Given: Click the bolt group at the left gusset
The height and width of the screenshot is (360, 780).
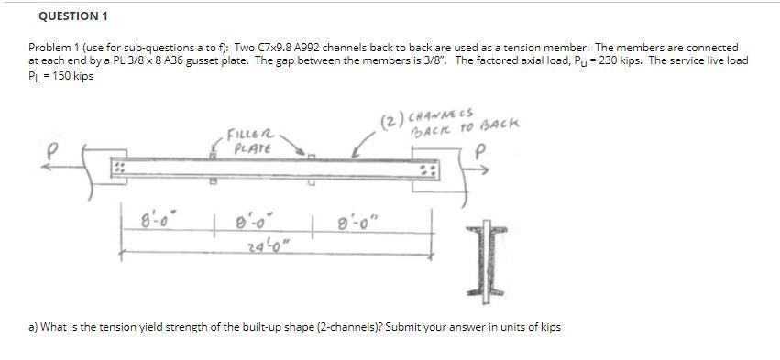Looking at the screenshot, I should (118, 170).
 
